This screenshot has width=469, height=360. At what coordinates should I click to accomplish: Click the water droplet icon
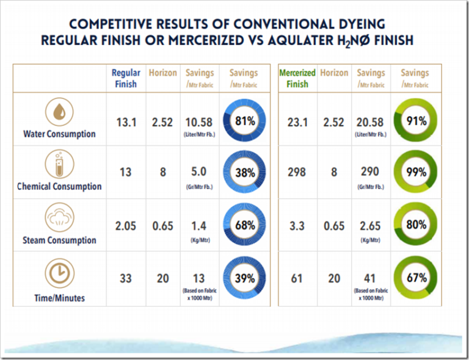[x=60, y=112]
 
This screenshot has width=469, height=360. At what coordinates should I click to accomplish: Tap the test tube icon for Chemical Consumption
[x=60, y=164]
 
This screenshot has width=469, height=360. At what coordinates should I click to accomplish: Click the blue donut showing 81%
[x=245, y=121]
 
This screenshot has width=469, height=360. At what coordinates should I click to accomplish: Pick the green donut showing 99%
[x=416, y=173]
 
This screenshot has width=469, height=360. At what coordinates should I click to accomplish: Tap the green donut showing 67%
[x=416, y=279]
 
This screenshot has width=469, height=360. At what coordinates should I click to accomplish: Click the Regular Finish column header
[x=126, y=78]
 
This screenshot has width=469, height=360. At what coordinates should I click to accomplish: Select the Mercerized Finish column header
[x=297, y=78]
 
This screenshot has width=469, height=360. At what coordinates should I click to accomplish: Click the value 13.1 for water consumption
[x=126, y=121]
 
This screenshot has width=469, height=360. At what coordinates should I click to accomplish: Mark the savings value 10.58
[x=200, y=121]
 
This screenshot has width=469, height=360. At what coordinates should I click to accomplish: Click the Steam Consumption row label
[x=60, y=240]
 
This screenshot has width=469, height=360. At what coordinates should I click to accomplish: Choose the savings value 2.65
[x=371, y=226]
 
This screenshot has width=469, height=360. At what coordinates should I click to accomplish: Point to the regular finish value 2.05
[x=126, y=226]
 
